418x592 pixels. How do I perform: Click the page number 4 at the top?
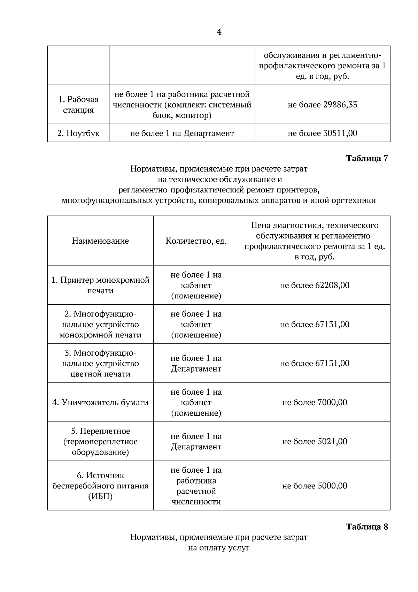[219, 32]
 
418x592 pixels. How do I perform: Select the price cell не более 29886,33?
[322, 105]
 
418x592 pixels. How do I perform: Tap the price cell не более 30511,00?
[322, 133]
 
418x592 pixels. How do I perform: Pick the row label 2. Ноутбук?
[78, 133]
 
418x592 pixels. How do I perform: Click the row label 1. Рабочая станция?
[78, 105]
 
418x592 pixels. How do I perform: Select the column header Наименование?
[100, 241]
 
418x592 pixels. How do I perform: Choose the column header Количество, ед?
[196, 241]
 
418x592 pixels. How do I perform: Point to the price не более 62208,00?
[315, 285]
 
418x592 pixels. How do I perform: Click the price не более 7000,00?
[315, 402]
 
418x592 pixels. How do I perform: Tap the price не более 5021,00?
[315, 441]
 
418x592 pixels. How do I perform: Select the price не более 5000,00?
[315, 486]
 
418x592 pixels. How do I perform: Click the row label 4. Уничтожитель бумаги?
[100, 402]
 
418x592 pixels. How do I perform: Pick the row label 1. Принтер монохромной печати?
[100, 285]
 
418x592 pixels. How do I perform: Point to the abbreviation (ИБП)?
[100, 496]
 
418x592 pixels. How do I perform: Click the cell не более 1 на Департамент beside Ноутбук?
[182, 133]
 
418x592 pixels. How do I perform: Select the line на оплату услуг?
[219, 548]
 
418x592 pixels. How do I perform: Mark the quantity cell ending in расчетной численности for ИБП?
[196, 486]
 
